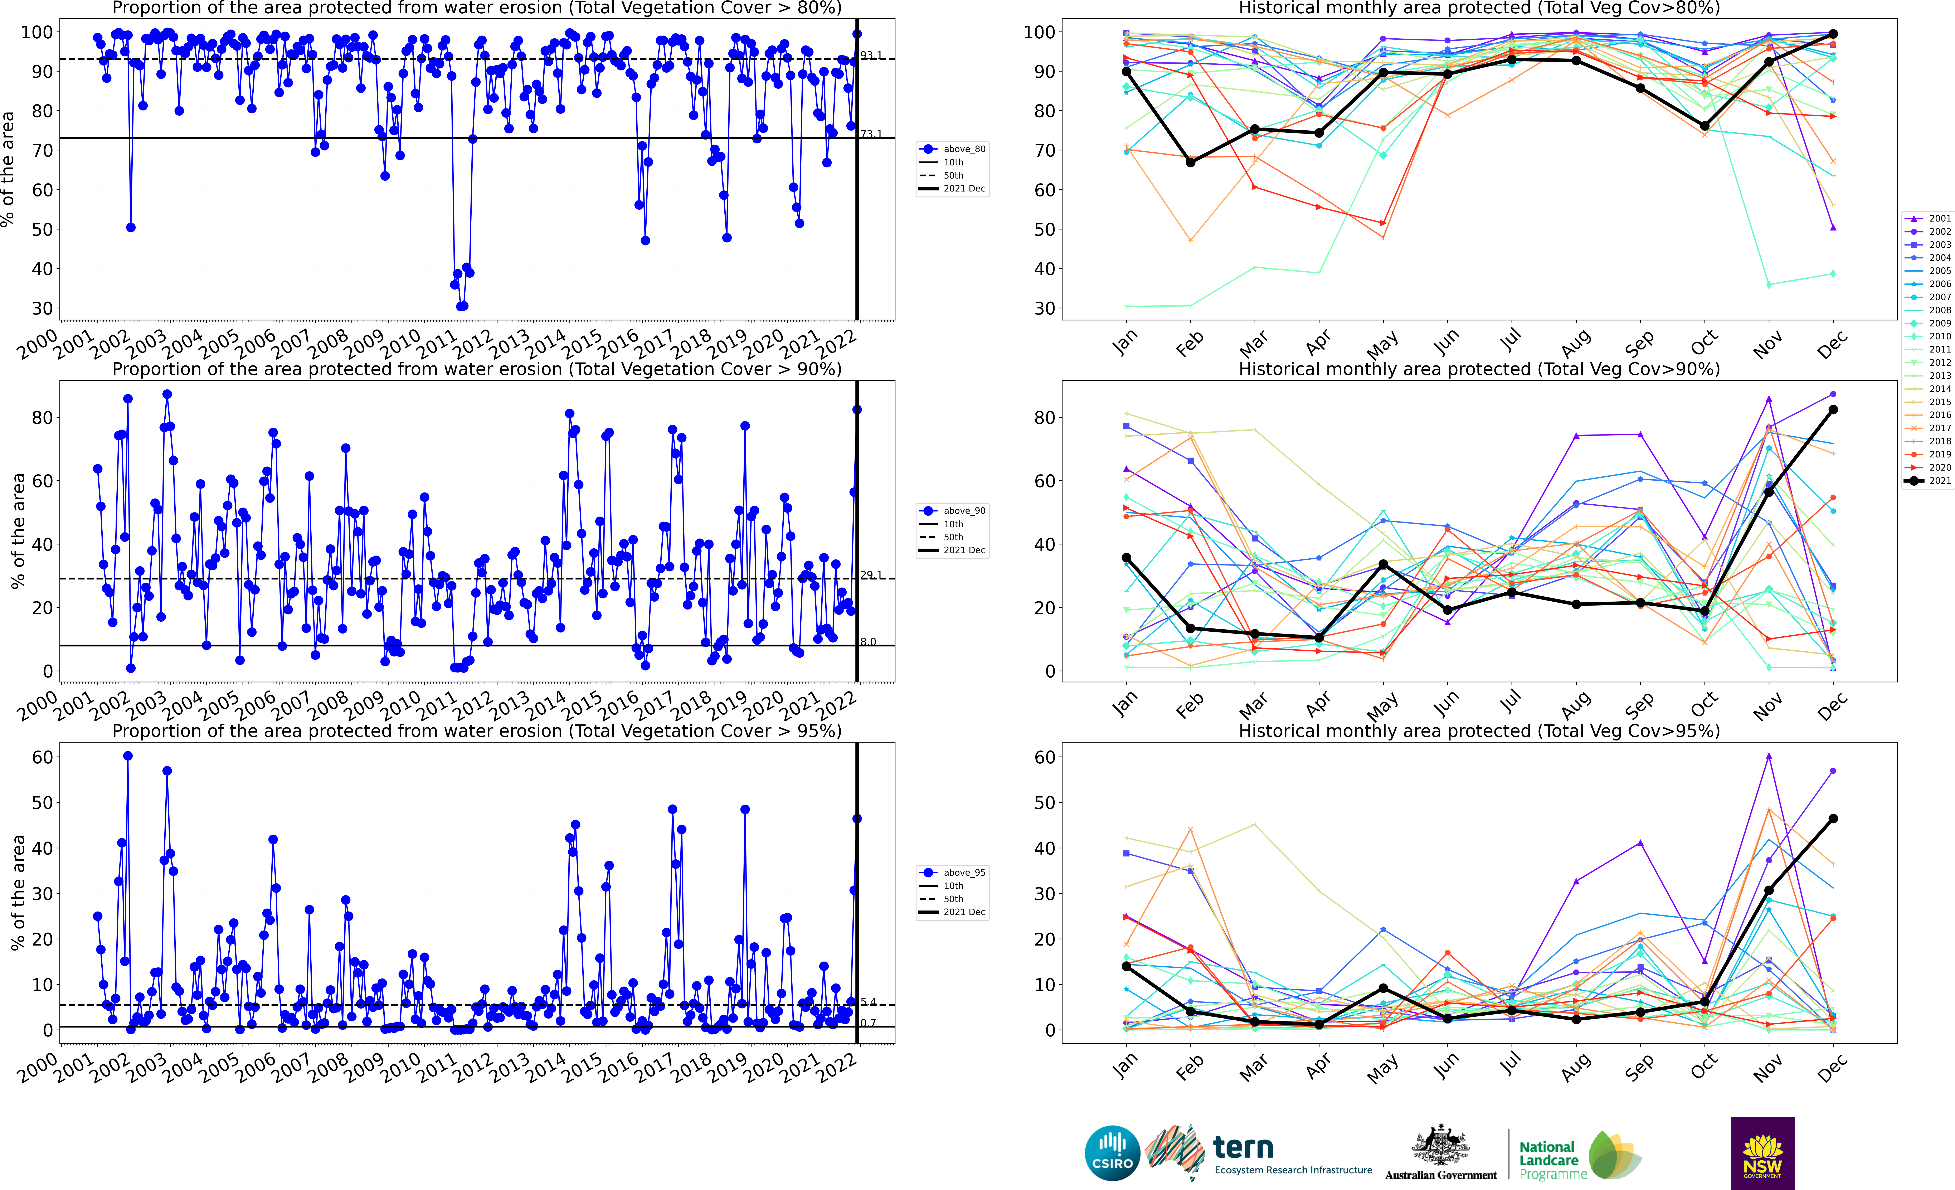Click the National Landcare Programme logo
[x=1579, y=1157]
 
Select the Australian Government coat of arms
[x=1440, y=1146]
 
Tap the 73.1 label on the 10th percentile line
[x=870, y=134]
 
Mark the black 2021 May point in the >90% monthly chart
[x=1383, y=564]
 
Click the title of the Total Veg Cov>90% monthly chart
[x=1479, y=369]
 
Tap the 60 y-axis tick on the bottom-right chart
[x=1044, y=757]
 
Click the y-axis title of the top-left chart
[x=8, y=169]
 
